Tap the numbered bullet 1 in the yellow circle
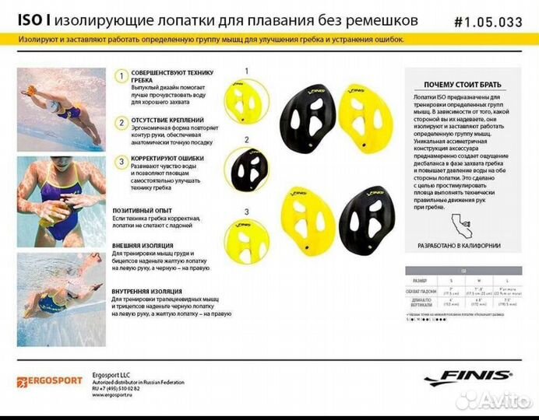click(121, 76)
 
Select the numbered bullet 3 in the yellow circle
click(121, 162)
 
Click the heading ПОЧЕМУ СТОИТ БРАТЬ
click(462, 84)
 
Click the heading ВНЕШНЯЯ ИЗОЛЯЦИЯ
click(142, 243)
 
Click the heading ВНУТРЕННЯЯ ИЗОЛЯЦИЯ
click(146, 292)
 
